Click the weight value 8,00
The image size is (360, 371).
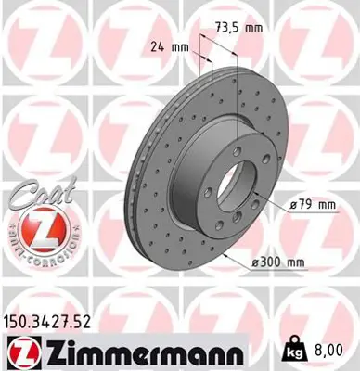point(335,350)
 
